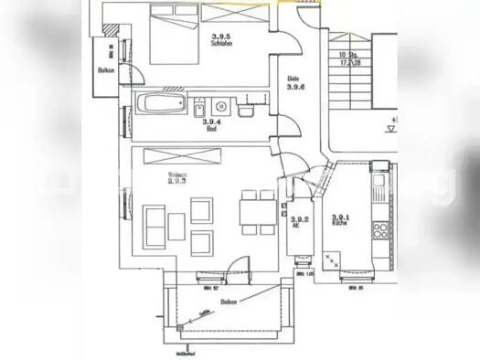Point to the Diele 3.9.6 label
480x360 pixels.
pos(294,84)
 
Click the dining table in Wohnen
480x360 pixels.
pos(253,216)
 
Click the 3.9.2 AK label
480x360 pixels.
pos(296,222)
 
